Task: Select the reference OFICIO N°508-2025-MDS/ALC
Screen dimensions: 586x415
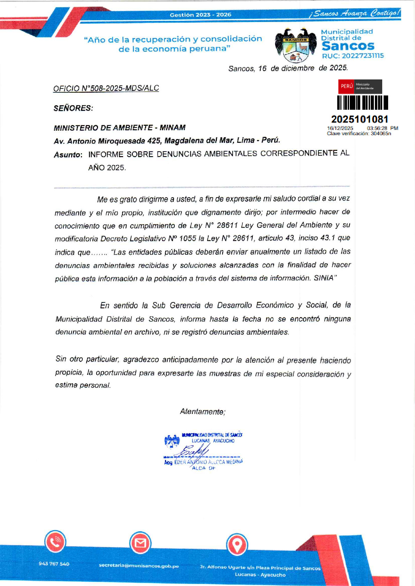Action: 106,88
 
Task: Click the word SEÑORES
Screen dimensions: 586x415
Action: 73,108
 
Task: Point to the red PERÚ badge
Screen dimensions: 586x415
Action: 347,86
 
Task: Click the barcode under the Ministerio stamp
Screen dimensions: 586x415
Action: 363,103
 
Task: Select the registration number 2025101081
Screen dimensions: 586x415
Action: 360,119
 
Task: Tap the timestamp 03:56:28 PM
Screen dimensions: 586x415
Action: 382,128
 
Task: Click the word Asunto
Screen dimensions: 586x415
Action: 68,155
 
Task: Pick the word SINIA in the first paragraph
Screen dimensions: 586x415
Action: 324,278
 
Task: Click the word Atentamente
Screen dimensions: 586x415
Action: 202,412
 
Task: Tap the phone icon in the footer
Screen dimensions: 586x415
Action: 55,542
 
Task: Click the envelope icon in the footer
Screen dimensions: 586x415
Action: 140,543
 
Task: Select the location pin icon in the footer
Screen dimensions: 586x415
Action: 237,544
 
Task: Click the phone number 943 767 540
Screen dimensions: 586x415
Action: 54,564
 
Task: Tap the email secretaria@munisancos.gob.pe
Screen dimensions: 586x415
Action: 139,566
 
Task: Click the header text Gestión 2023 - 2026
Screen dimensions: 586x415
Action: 201,15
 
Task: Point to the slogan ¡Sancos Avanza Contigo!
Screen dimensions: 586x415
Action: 355,13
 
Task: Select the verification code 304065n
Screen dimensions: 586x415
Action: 381,133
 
